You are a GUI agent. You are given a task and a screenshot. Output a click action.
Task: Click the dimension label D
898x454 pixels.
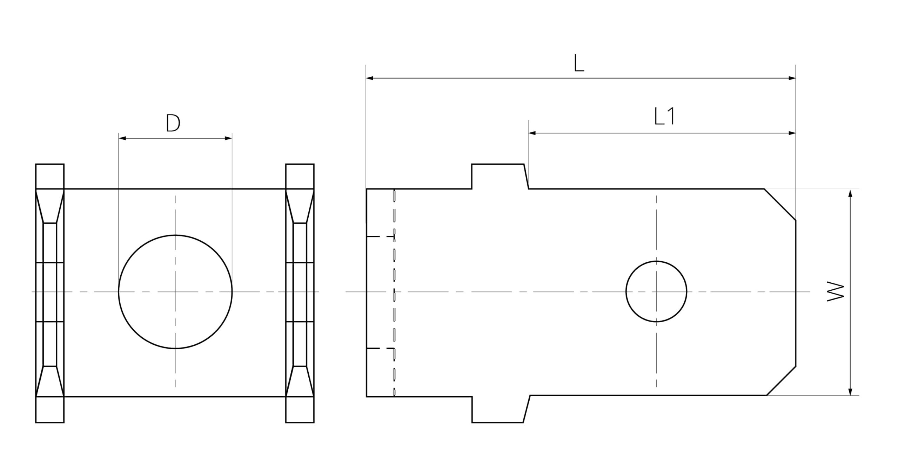(x=173, y=123)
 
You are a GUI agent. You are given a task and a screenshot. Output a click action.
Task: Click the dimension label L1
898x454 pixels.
(x=664, y=117)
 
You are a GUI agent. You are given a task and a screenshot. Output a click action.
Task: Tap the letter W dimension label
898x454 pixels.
(x=836, y=291)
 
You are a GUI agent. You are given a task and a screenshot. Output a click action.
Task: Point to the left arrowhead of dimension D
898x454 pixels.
(x=122, y=138)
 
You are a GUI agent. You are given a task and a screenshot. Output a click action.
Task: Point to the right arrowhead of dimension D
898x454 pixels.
(x=228, y=138)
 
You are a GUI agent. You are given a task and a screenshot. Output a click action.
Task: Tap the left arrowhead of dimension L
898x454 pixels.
(x=370, y=78)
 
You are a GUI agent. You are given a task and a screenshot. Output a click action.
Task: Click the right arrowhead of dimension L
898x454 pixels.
(x=792, y=78)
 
